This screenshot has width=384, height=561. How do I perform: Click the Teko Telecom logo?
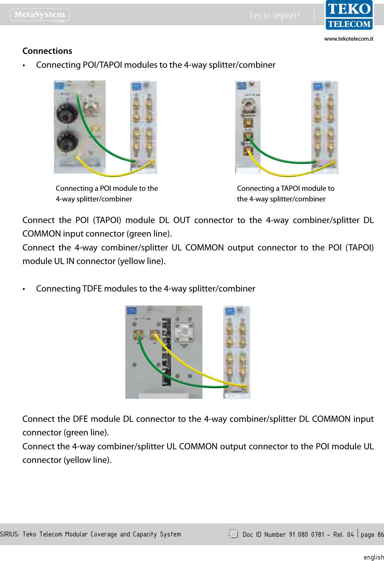pos(349,15)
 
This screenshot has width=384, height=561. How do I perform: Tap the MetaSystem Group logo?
pos(40,15)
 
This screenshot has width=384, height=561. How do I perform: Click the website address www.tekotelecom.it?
pos(348,39)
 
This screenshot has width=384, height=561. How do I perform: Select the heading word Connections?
pos(47,51)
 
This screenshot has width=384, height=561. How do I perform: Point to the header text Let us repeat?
pos(275,15)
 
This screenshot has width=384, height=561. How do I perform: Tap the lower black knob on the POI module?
pos(67,141)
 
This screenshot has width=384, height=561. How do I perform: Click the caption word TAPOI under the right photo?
pos(290,188)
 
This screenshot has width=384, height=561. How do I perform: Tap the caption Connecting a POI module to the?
pos(107,188)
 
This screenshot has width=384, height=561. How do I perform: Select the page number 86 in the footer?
pos(380,535)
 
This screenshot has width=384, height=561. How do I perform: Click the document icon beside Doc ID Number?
pos(233,533)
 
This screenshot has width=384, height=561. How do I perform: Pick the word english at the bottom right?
pos(373,557)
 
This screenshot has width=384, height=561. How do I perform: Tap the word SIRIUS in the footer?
pos(10,534)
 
